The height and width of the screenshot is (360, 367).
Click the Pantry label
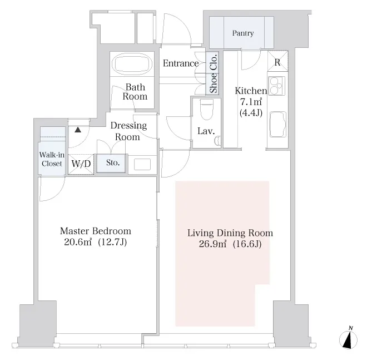point(242,33)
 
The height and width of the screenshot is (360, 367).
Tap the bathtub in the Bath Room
point(132,63)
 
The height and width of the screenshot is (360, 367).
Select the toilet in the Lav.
point(207,110)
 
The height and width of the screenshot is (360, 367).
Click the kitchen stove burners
point(277,86)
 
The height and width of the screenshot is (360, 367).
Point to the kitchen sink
point(278,125)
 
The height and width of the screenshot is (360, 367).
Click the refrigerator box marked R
point(277,61)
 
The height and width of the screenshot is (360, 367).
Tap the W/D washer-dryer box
point(81,164)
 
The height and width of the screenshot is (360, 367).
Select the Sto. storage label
point(113,162)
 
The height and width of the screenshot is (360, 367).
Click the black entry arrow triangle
point(78,130)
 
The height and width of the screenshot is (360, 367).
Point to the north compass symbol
point(348,338)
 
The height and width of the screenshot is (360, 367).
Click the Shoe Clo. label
point(213,73)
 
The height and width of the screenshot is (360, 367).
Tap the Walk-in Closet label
point(52,159)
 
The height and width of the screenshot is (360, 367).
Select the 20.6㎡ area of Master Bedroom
point(78,242)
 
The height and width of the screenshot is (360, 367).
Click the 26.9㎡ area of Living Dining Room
point(212,244)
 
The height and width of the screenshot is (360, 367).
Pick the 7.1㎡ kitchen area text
point(251,102)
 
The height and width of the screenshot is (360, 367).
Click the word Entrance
point(181,63)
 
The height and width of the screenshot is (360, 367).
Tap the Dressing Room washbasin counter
point(142,165)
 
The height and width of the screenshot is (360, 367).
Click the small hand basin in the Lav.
point(217,141)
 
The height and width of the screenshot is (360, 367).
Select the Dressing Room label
point(128,131)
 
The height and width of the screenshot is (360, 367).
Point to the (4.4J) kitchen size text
point(251,113)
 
